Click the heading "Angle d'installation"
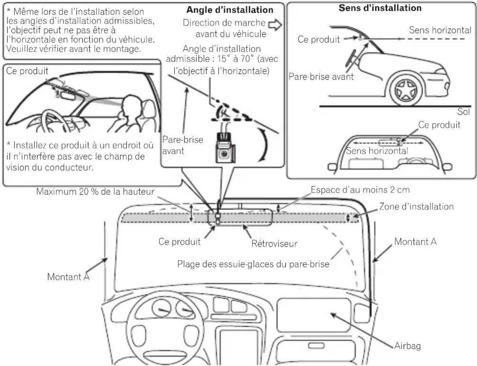click(230, 10)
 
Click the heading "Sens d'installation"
click(380, 8)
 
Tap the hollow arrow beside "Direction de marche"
click(275, 25)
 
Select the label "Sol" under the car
click(463, 112)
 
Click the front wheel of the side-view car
click(406, 90)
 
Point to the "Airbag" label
click(408, 346)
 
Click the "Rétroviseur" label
click(274, 244)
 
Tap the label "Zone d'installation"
click(416, 207)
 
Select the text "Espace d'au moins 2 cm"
click(360, 190)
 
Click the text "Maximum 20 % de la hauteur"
click(95, 191)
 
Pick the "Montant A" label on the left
click(68, 277)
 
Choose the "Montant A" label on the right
click(415, 242)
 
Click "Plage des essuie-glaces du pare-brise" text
click(253, 264)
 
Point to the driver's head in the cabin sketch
click(131, 104)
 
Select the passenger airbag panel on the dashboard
click(314, 315)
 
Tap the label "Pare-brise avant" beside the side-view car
click(321, 76)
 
